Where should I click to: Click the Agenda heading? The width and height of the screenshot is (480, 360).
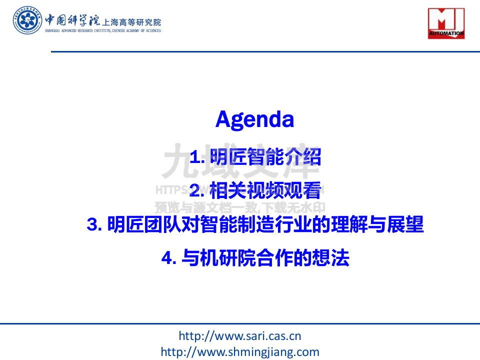[x=254, y=119]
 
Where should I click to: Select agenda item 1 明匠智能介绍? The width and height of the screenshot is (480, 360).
[x=255, y=157]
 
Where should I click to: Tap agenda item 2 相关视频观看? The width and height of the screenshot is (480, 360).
[x=255, y=190]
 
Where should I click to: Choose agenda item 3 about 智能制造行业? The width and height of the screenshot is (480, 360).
[x=255, y=224]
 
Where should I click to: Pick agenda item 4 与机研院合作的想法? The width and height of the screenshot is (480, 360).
[x=255, y=258]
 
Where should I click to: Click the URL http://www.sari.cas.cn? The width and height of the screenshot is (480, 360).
[x=239, y=336]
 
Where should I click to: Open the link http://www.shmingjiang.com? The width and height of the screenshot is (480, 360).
[x=239, y=351]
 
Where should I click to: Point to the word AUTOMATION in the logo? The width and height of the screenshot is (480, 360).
[x=446, y=34]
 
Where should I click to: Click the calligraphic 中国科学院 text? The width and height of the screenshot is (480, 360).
[x=72, y=20]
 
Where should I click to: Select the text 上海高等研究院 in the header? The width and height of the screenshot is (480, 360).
[x=131, y=22]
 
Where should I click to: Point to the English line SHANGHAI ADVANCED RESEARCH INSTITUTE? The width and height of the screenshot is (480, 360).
[x=103, y=31]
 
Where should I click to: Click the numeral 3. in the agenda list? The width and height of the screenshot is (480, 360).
[x=94, y=225]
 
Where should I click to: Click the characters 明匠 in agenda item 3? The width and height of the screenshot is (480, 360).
[x=124, y=224]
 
